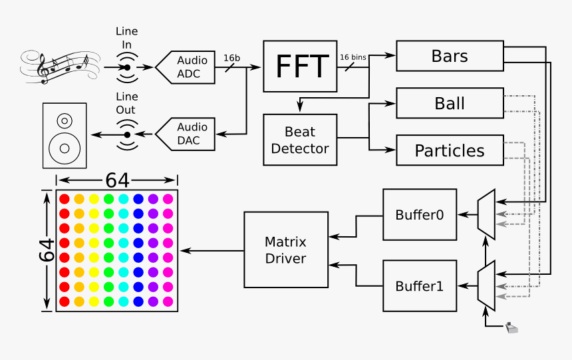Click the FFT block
click(x=300, y=67)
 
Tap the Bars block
click(x=450, y=57)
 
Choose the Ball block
click(x=450, y=103)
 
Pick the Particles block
click(x=450, y=150)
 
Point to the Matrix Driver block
click(x=285, y=250)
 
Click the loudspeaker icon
click(x=65, y=135)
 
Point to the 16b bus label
click(x=231, y=58)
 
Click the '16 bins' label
click(x=353, y=58)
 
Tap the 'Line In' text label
click(x=127, y=37)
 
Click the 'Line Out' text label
click(x=126, y=104)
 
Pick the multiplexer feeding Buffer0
click(x=486, y=214)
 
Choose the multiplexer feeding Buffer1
click(x=486, y=285)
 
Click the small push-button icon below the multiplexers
click(x=511, y=327)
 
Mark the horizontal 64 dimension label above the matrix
click(x=116, y=180)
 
